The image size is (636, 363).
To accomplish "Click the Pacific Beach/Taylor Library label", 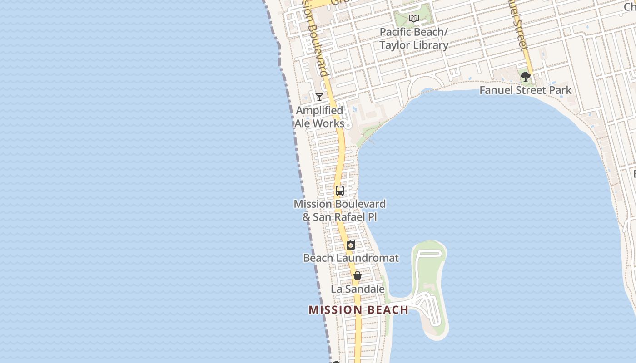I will tap(413, 39).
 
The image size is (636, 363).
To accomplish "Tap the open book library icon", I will tap(413, 19).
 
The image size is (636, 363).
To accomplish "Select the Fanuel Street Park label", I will tap(526, 90).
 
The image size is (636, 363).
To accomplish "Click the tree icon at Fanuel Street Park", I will tap(526, 77).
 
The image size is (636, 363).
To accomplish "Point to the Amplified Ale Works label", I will tap(319, 117).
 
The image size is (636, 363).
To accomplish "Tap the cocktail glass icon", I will tap(319, 97).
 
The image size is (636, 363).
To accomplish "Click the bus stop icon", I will tap(340, 191).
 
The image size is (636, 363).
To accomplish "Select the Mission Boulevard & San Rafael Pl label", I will tap(340, 211).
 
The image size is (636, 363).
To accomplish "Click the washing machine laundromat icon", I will tap(351, 245).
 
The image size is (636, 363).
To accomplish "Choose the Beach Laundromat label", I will tap(351, 258).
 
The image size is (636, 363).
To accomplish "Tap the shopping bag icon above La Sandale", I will tap(358, 275).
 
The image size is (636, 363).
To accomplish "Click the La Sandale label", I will tap(358, 289).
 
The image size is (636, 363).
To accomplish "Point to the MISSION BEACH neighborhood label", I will tap(358, 310).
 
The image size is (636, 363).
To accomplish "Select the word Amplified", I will tap(319, 110).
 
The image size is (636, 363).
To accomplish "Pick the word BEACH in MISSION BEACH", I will tap(385, 310).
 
